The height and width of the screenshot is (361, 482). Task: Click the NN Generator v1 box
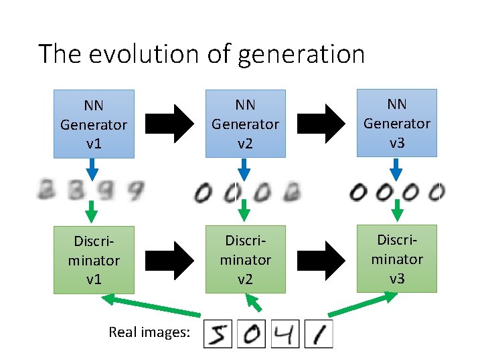tap(94, 124)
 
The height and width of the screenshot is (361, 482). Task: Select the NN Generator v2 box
tap(245, 124)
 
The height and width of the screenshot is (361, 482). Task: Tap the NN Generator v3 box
tap(397, 124)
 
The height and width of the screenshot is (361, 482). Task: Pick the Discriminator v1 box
tap(94, 260)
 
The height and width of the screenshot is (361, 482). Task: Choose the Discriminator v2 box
tap(245, 260)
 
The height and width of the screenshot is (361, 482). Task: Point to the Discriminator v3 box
tap(397, 258)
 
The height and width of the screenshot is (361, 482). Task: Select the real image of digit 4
tap(285, 334)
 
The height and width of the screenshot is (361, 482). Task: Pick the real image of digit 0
tap(251, 334)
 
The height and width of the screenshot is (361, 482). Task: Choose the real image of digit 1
tap(319, 334)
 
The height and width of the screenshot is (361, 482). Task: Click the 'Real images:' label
tap(149, 332)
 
